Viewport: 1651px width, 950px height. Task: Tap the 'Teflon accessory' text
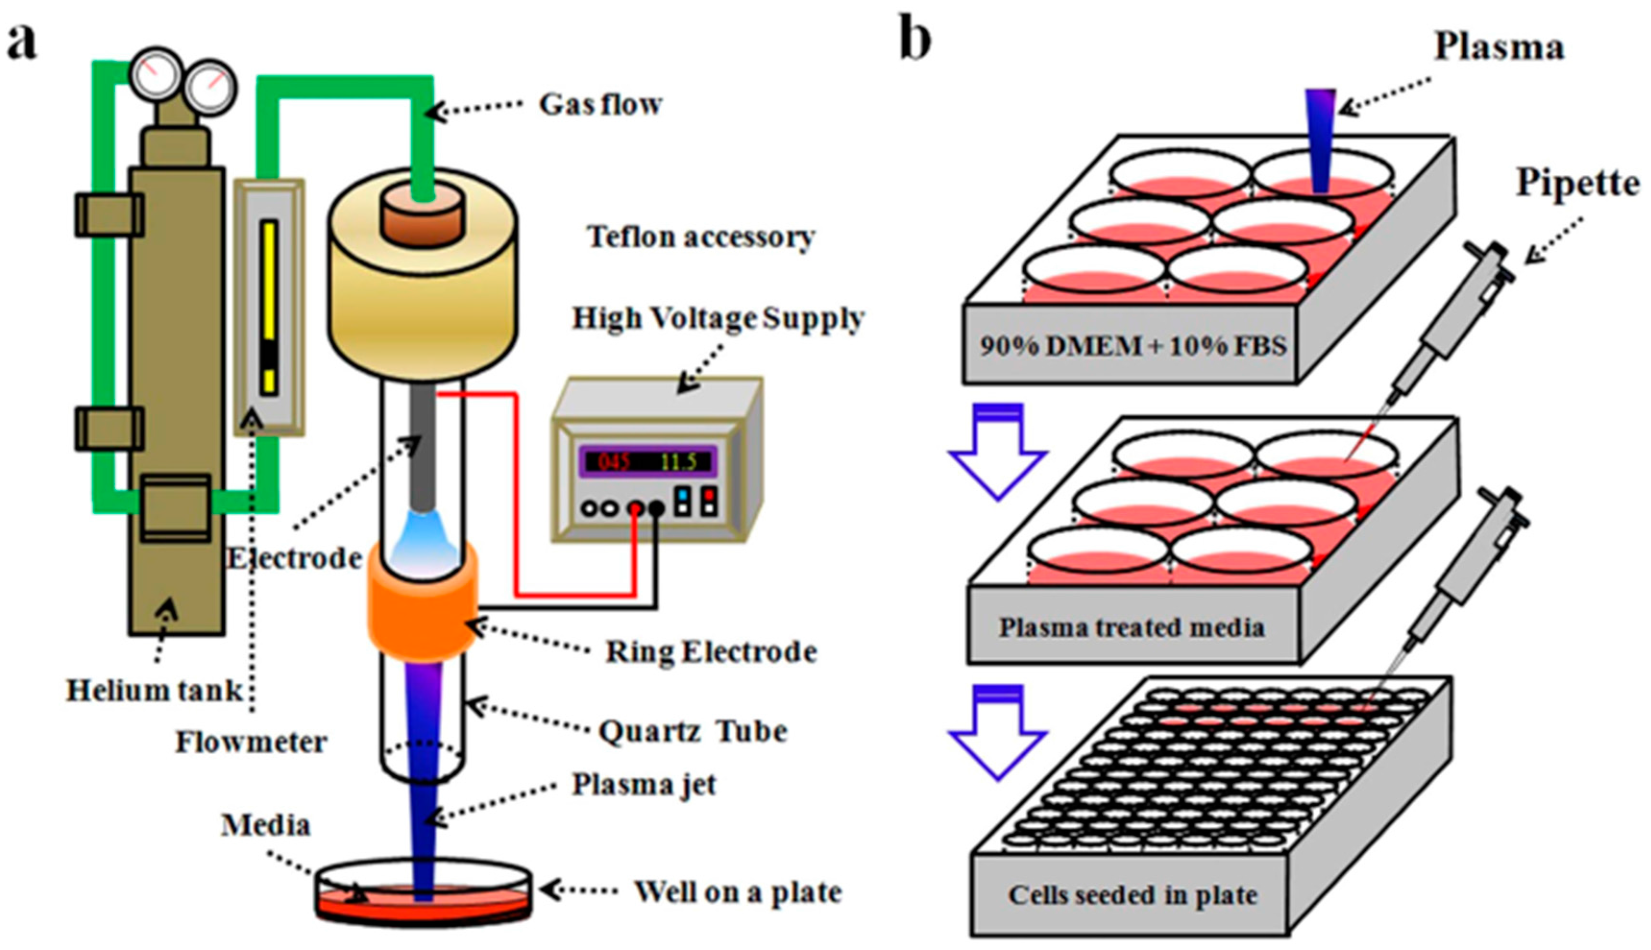[701, 237]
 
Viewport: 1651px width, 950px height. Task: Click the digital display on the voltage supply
[648, 462]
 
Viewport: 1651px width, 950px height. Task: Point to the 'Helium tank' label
[154, 691]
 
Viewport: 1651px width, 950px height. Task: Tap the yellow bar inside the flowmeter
[269, 307]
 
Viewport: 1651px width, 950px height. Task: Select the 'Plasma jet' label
[644, 785]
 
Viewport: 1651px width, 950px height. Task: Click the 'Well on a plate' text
[738, 892]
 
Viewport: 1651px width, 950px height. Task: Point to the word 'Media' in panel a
[266, 825]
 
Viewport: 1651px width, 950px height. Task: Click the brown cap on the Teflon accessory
[423, 216]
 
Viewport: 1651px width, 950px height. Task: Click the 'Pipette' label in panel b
[1577, 183]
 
